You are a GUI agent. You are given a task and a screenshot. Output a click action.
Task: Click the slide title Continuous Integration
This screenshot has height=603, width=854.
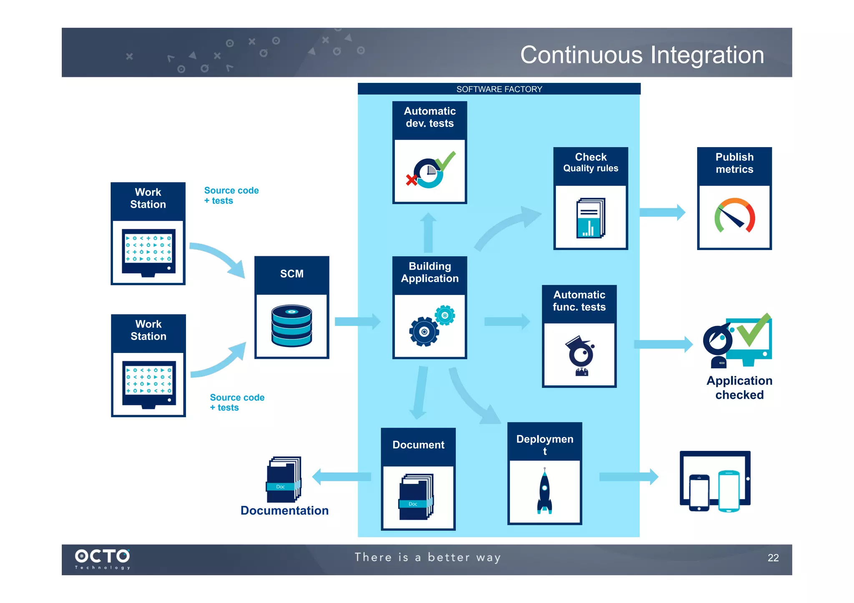pos(642,55)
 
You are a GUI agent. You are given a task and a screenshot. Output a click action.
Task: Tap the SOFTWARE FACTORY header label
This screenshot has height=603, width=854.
pos(499,89)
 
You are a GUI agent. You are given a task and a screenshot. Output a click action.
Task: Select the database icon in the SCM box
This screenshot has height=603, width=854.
pos(291,326)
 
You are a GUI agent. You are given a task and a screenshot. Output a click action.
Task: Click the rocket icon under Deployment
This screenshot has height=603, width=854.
pos(545,491)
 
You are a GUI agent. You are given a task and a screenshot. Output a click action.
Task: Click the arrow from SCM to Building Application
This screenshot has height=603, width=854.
pos(357,321)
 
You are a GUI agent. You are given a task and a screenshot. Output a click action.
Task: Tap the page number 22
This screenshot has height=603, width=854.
pos(773,558)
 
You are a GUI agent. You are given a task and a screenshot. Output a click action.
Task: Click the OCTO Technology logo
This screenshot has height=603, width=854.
pos(103,558)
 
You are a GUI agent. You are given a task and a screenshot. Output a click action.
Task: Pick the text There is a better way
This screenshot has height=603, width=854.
pos(427,558)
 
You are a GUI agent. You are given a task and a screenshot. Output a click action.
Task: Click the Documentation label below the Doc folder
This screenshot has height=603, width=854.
pos(284,510)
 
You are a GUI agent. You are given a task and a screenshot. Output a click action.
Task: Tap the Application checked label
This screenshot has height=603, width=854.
pos(739,388)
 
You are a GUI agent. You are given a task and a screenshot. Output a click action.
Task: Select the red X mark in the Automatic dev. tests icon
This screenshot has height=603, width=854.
pos(412,180)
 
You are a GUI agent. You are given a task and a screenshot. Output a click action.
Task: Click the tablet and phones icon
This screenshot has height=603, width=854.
pos(715,481)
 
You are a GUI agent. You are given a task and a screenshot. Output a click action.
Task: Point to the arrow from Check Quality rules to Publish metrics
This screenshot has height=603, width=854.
pos(662,212)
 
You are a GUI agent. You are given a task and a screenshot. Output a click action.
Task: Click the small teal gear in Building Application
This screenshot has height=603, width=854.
pos(445,315)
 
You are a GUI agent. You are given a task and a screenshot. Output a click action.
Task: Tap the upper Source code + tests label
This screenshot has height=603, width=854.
pos(231,195)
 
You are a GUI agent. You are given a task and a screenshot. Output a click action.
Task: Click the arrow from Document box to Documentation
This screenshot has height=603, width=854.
pos(342,477)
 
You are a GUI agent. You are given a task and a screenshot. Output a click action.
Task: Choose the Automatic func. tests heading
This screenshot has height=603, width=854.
pos(579,301)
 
